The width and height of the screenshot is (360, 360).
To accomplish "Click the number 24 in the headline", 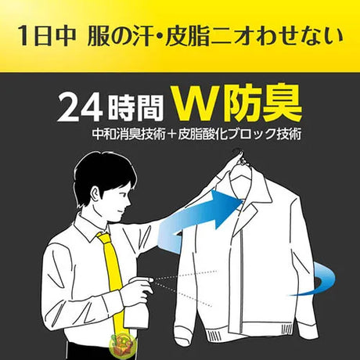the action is pyautogui.click(x=80, y=107).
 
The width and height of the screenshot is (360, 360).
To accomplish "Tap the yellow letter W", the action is pyautogui.click(x=196, y=103).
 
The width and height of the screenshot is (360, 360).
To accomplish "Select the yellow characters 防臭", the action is pyautogui.click(x=262, y=103).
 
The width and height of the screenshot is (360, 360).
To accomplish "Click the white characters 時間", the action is pyautogui.click(x=135, y=108).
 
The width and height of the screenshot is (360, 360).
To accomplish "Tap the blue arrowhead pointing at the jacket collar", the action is pyautogui.click(x=225, y=209).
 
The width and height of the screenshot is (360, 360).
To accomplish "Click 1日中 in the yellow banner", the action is pyautogui.click(x=47, y=37).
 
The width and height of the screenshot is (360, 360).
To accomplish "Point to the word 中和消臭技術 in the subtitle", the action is pyautogui.click(x=129, y=134).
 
